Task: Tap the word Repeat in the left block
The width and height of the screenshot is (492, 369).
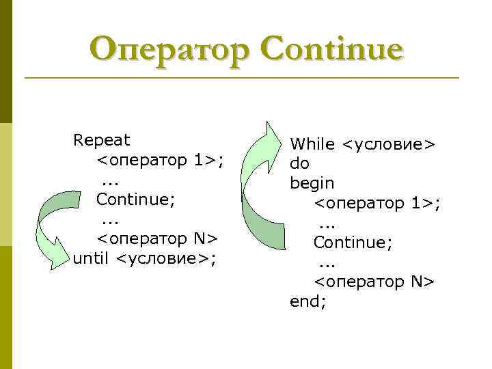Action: click(x=101, y=140)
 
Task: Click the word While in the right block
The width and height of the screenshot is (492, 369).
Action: click(x=312, y=144)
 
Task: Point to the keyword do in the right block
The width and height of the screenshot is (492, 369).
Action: click(x=299, y=163)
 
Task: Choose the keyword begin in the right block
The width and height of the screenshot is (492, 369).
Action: click(x=312, y=183)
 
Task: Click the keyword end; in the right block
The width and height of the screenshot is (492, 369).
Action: click(x=308, y=301)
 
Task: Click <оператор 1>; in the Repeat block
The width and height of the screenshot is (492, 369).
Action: click(x=161, y=160)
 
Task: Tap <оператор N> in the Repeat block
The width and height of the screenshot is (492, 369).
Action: click(x=156, y=238)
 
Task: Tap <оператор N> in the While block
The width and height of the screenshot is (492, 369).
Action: click(x=374, y=282)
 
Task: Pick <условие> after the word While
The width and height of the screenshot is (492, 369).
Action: click(x=389, y=144)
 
